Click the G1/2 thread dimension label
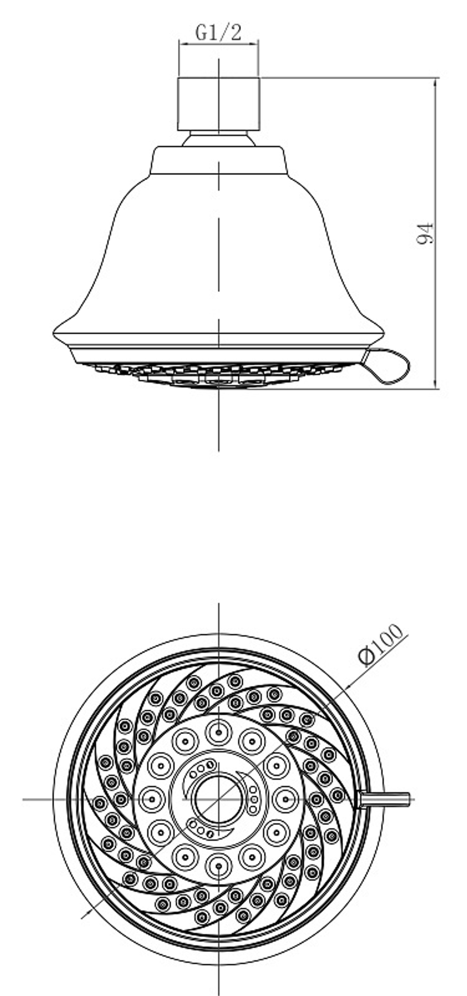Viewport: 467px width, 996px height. point(218,33)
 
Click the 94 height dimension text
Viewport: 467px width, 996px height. point(425,233)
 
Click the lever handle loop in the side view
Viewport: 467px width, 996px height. point(387,366)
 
